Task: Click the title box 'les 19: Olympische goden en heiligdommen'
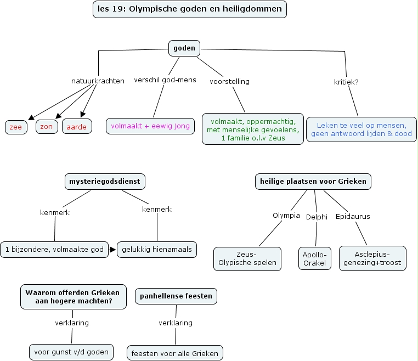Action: click(190, 9)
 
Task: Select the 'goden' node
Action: click(184, 48)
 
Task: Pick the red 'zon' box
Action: click(47, 126)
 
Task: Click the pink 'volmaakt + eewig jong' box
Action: click(150, 126)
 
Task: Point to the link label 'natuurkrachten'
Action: click(98, 81)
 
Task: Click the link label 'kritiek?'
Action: click(346, 82)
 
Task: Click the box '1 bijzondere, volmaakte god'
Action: click(54, 250)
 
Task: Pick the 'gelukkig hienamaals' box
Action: click(157, 250)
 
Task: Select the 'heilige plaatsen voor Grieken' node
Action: click(313, 181)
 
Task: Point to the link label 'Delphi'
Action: click(317, 216)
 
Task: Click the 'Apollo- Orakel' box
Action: click(315, 258)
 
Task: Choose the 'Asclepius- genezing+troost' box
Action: click(372, 258)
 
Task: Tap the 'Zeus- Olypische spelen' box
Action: click(247, 258)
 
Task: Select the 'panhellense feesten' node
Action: click(176, 297)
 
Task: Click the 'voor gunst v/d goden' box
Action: click(71, 352)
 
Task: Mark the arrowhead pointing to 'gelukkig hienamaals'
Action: click(113, 250)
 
